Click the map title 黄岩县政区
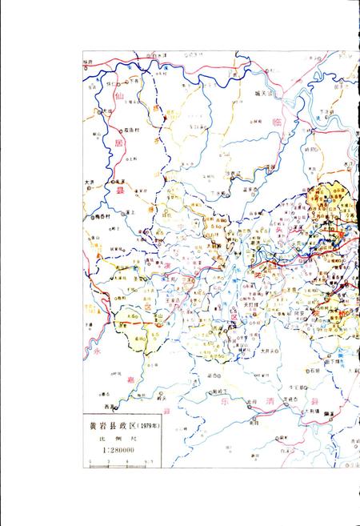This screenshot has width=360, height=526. click(111, 427)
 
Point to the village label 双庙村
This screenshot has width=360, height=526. click(133, 128)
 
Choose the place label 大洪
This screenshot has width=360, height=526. click(90, 182)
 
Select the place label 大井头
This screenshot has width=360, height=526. click(268, 351)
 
